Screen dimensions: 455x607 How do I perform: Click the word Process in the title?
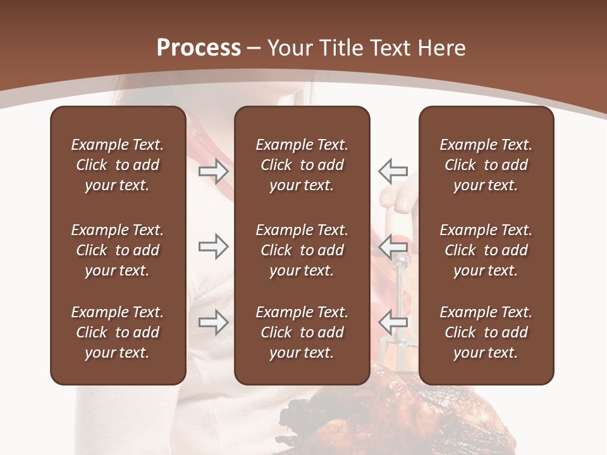(x=199, y=48)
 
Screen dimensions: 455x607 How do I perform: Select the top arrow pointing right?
(x=213, y=171)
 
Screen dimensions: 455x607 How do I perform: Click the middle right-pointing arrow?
(x=213, y=246)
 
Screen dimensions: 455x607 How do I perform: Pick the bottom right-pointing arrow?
(x=213, y=322)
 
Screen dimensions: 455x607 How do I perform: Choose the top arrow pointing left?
(x=393, y=171)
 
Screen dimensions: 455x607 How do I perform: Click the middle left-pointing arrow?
(x=393, y=246)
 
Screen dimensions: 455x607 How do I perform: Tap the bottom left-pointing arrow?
(x=393, y=322)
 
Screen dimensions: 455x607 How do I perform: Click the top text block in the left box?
(x=118, y=165)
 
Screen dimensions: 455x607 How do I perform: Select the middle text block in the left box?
(x=118, y=250)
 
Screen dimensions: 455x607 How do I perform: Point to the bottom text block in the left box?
(x=118, y=332)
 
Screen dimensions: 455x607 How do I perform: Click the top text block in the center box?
(x=302, y=165)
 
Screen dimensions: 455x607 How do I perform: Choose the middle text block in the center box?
(x=302, y=250)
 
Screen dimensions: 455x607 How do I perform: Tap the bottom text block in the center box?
(x=302, y=332)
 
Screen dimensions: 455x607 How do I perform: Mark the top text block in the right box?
(x=486, y=165)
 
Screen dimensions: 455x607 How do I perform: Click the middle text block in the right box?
(x=486, y=250)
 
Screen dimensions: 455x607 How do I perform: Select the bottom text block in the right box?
(x=486, y=332)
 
